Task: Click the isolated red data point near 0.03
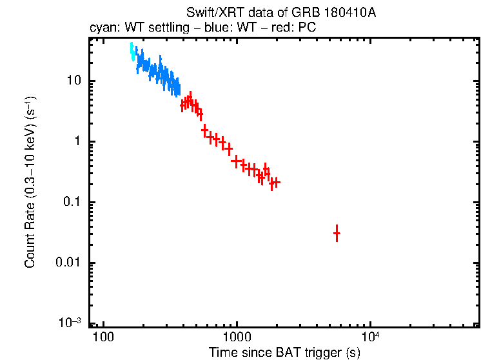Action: tap(337, 234)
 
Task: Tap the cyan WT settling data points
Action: tap(132, 52)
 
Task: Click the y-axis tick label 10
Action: tap(72, 81)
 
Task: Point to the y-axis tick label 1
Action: tap(77, 142)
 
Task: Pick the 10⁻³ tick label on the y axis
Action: tap(70, 323)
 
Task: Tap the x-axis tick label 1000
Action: tap(236, 338)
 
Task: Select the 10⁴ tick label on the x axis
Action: tap(370, 337)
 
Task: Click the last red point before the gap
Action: tap(276, 183)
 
